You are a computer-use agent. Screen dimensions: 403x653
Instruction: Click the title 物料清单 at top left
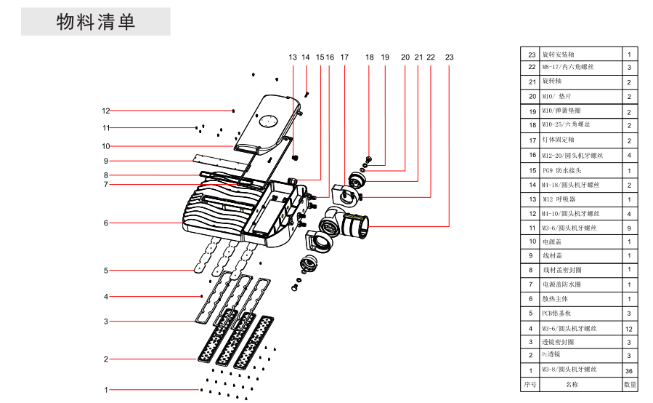(96, 22)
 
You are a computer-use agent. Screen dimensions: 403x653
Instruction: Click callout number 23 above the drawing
(450, 57)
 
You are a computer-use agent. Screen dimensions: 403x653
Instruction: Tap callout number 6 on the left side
(106, 223)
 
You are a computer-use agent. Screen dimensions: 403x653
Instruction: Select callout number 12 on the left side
(106, 111)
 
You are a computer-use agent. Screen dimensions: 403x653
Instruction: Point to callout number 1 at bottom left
(106, 390)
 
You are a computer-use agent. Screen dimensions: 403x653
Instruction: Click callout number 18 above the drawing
(370, 57)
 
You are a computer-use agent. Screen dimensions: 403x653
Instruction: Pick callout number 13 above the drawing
(293, 57)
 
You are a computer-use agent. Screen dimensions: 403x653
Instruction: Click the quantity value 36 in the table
(629, 371)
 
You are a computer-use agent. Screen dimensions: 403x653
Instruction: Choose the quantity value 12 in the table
(629, 329)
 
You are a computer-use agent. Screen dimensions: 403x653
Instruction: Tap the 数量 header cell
(629, 384)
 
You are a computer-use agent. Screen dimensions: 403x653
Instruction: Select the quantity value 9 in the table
(629, 228)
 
